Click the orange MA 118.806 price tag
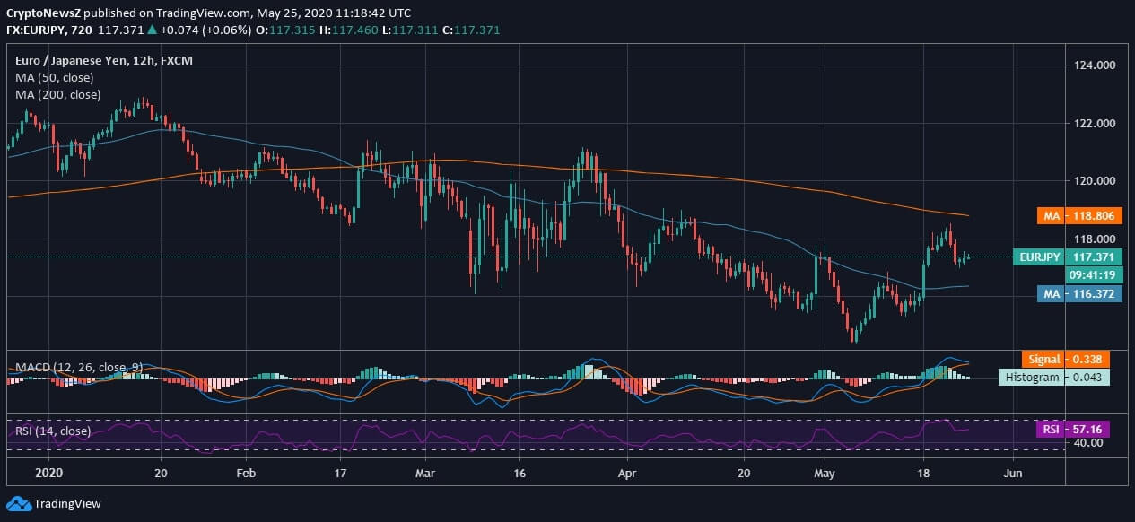click(x=1079, y=215)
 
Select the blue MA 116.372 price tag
click(x=1079, y=293)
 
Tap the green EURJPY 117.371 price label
click(x=1068, y=257)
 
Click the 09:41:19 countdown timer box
click(x=1094, y=275)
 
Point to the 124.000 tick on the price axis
click(x=1095, y=65)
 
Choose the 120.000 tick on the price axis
click(x=1095, y=181)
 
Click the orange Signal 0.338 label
click(x=1066, y=359)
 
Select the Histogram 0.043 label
click(x=1054, y=378)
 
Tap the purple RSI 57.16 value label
click(x=1073, y=430)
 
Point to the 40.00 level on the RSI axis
click(x=1088, y=443)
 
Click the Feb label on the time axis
click(x=246, y=473)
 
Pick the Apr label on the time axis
click(x=627, y=473)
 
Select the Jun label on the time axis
click(x=1013, y=473)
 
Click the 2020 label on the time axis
click(x=49, y=473)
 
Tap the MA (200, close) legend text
click(x=57, y=95)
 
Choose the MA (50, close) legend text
click(x=54, y=77)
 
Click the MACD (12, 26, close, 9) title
click(x=79, y=367)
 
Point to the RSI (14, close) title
click(x=53, y=431)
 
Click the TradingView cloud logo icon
click(x=19, y=504)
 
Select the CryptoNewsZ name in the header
click(x=43, y=13)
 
